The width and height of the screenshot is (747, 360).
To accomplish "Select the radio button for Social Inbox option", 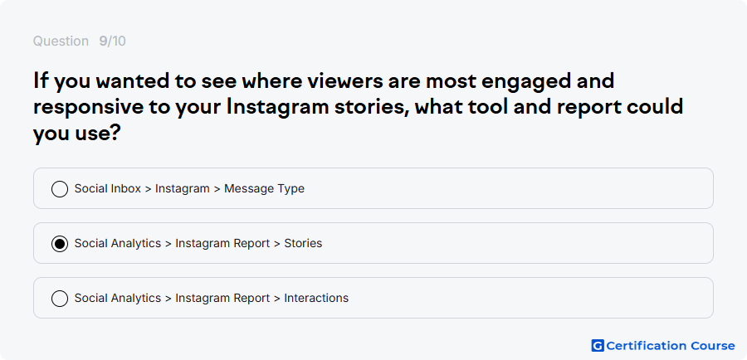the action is [x=60, y=189].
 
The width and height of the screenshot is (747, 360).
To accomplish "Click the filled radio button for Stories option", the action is [x=60, y=244].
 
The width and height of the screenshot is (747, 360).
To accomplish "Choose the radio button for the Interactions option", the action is [x=60, y=299].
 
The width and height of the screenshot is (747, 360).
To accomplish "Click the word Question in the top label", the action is [x=61, y=41].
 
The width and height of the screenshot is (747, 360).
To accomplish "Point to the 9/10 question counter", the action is [x=112, y=41].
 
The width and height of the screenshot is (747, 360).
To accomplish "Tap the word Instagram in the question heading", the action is [x=278, y=107].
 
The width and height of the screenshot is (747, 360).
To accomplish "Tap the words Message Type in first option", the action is [x=264, y=188].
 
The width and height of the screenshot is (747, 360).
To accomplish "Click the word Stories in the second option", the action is [x=303, y=243].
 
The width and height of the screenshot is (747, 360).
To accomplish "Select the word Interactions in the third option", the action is [x=316, y=298].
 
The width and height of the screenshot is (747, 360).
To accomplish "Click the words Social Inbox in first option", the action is [x=108, y=188].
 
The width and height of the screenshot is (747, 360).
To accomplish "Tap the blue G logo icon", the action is [x=598, y=346].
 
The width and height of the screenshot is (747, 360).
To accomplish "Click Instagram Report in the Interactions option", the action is [x=222, y=298].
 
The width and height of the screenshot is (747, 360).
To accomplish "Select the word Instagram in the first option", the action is [x=183, y=188].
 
